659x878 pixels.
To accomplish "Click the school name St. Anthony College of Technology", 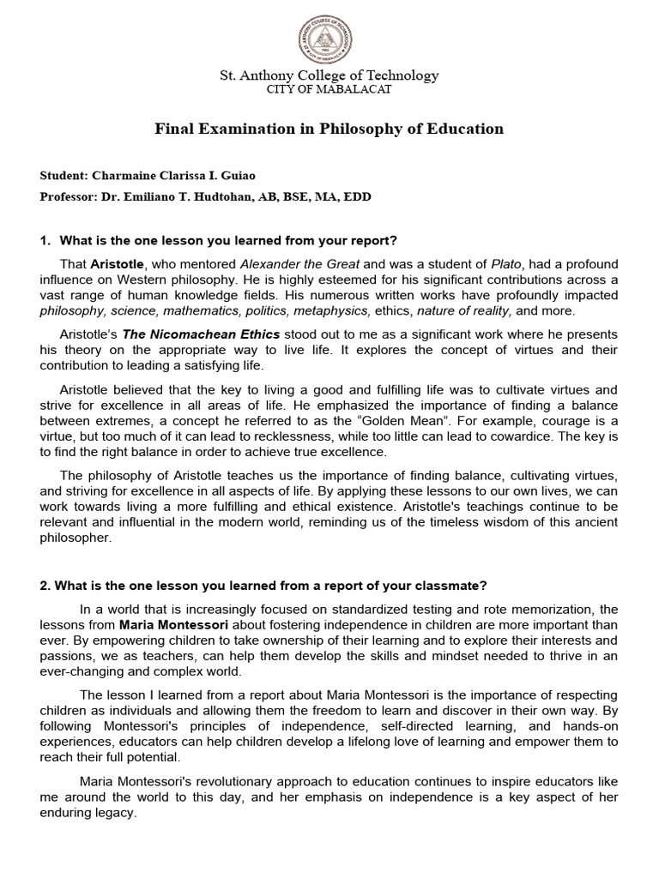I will (329, 75).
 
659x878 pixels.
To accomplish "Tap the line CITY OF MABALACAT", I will (329, 89).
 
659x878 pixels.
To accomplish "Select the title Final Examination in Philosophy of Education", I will (329, 129).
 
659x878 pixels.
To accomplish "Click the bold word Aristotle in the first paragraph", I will (118, 263).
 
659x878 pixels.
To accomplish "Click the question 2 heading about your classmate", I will (263, 586).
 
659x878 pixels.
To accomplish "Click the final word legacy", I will (116, 813).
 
